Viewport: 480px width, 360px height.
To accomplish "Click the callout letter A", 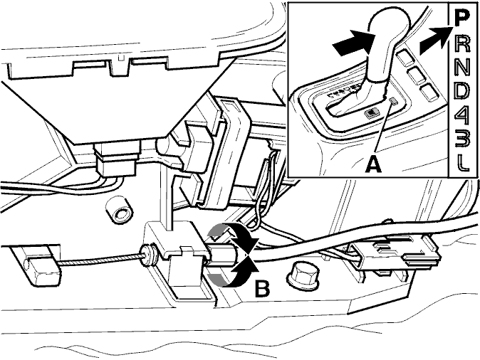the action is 374,164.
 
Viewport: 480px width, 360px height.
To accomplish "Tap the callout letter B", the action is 263,288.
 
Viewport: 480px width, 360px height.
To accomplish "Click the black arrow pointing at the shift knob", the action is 353,43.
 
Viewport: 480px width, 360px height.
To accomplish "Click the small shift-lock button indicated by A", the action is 393,100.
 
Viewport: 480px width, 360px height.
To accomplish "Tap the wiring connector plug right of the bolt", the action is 395,255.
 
